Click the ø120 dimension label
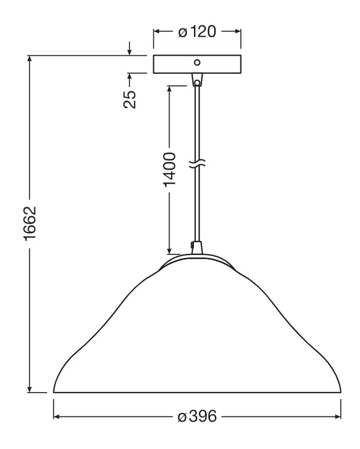(x=197, y=32)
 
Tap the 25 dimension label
(x=129, y=99)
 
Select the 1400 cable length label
(x=170, y=170)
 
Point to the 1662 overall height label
(x=30, y=224)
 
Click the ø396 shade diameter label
(x=197, y=416)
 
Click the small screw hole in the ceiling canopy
(x=197, y=62)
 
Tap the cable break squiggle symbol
(x=197, y=163)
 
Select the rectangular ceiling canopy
(x=197, y=64)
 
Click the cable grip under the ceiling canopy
(x=197, y=80)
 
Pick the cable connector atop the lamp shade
(x=197, y=247)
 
